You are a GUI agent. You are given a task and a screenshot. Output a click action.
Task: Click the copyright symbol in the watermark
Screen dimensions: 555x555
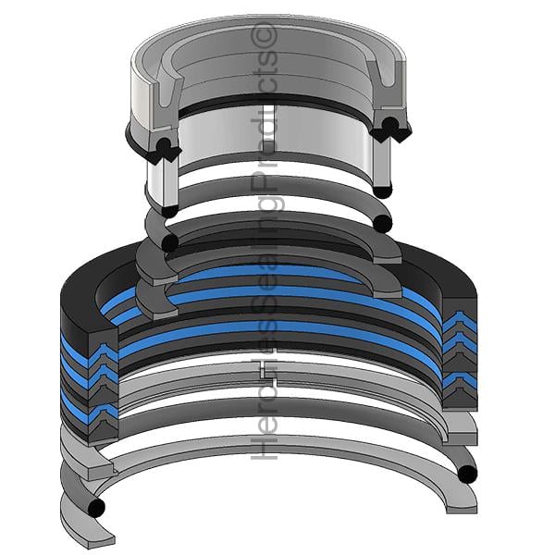point(264,35)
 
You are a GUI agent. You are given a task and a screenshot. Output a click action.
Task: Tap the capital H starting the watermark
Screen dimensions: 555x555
point(264,447)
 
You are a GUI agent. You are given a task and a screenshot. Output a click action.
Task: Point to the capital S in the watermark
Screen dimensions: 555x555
point(264,307)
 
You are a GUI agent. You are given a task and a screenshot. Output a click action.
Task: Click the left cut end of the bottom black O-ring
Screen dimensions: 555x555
point(96,508)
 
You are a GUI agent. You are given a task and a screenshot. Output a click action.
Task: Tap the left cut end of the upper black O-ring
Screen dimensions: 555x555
point(170,242)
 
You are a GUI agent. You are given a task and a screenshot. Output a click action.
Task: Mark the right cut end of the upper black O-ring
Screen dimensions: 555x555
point(383,224)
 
